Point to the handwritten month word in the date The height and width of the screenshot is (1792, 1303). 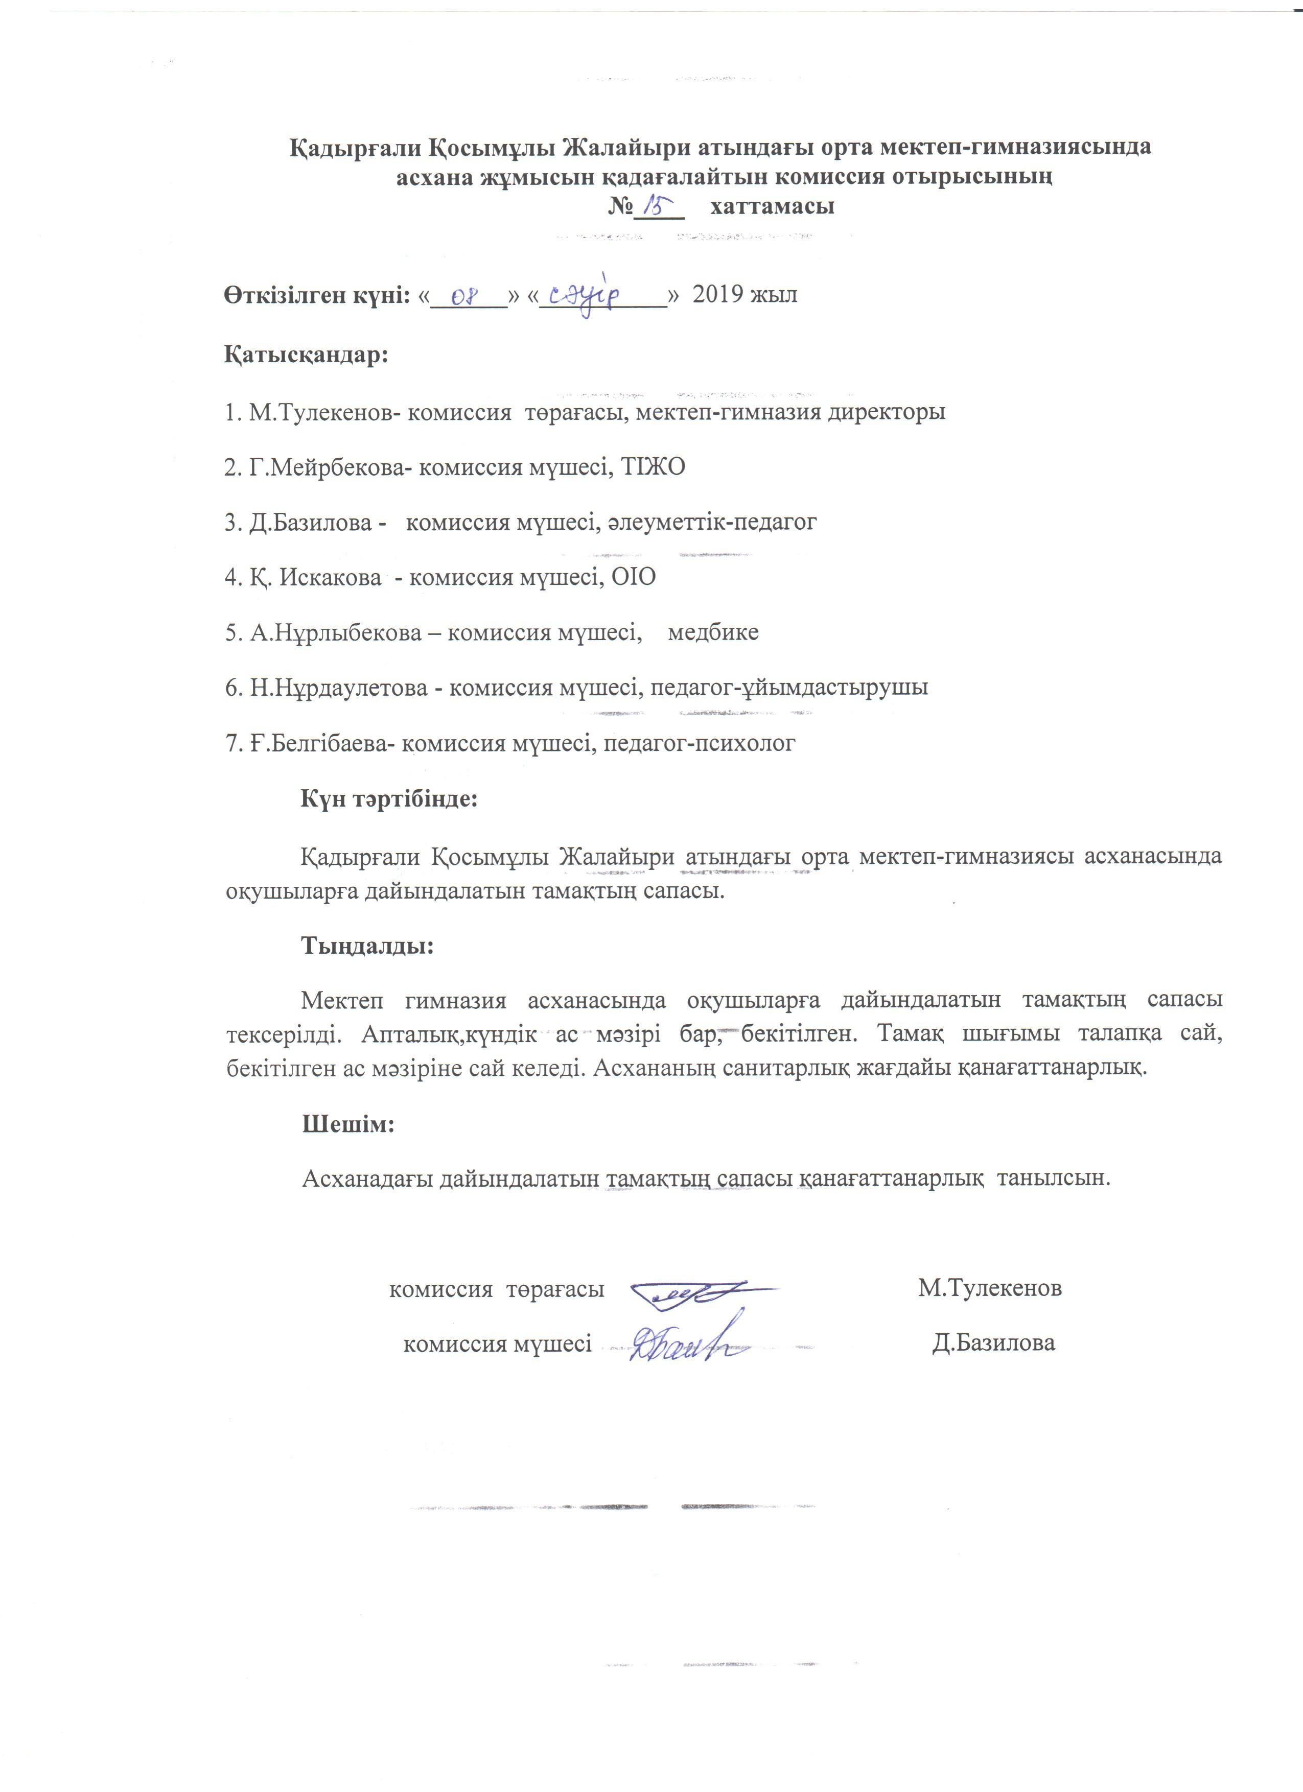[x=594, y=298]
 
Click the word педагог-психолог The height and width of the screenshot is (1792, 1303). [x=700, y=743]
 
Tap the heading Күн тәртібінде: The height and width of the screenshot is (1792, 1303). [x=389, y=798]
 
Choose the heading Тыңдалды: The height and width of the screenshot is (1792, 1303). [x=367, y=945]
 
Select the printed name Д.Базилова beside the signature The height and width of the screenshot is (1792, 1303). [x=993, y=1343]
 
